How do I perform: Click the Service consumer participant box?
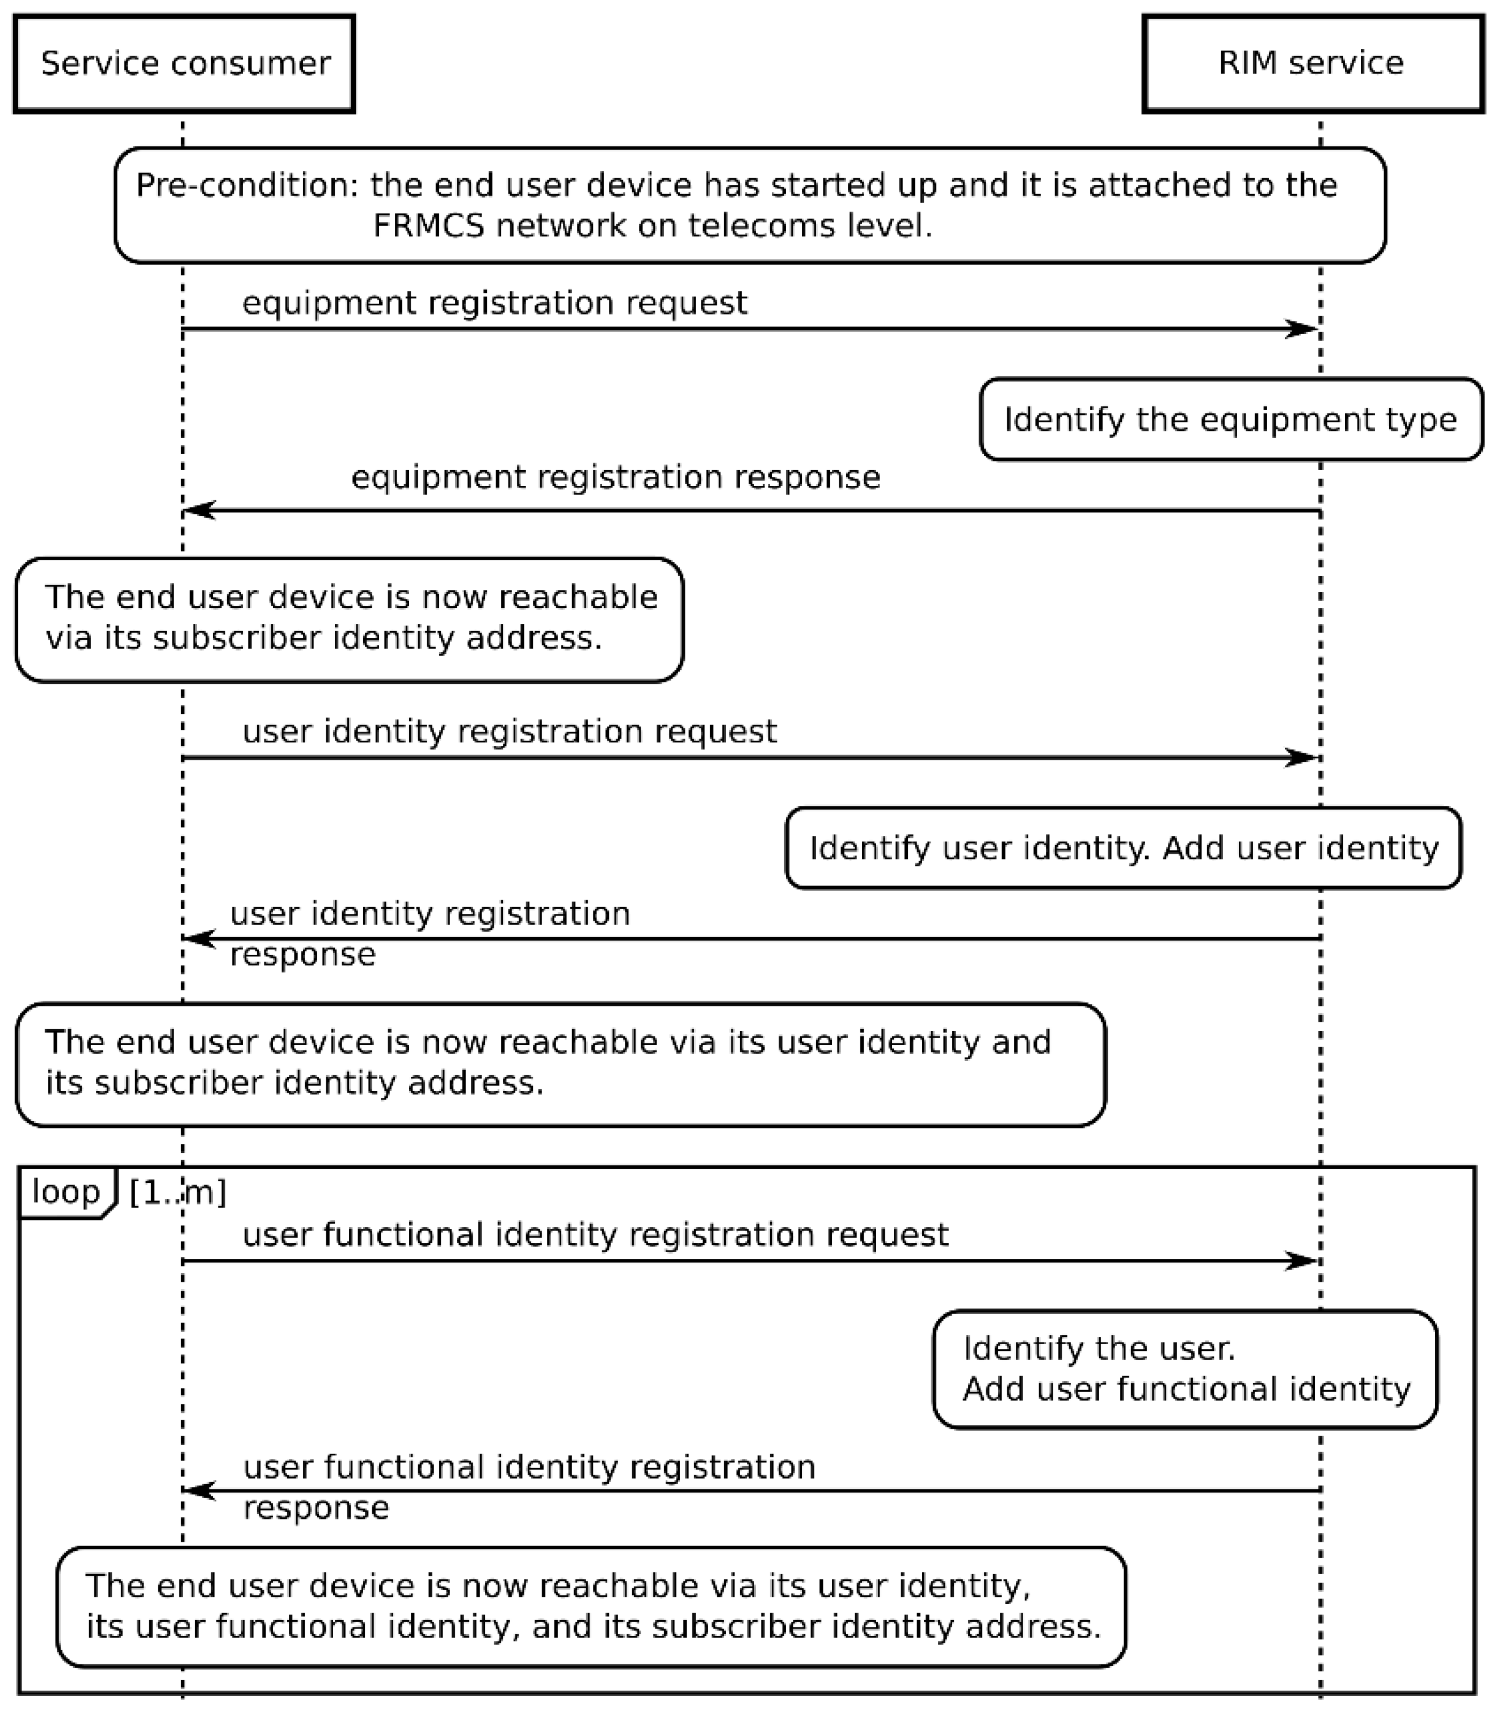pyautogui.click(x=184, y=64)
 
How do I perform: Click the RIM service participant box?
pyautogui.click(x=1312, y=64)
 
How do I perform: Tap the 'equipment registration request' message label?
pyautogui.click(x=494, y=303)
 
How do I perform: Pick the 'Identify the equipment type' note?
pyautogui.click(x=1231, y=419)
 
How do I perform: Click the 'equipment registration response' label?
pyautogui.click(x=615, y=477)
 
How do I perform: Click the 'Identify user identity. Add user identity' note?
pyautogui.click(x=1124, y=847)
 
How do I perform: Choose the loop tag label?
pyautogui.click(x=65, y=1191)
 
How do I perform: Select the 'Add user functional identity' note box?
pyautogui.click(x=1185, y=1370)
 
